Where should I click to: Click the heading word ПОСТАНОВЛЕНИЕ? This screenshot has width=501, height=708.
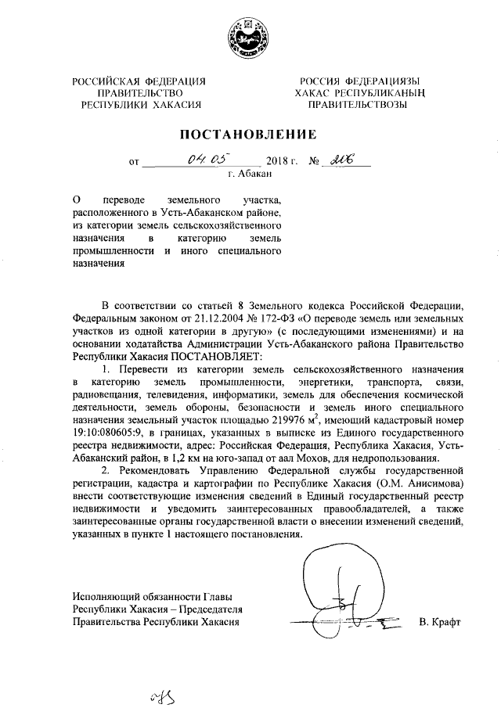coord(249,135)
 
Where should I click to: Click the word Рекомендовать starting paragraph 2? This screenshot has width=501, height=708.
coord(161,473)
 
